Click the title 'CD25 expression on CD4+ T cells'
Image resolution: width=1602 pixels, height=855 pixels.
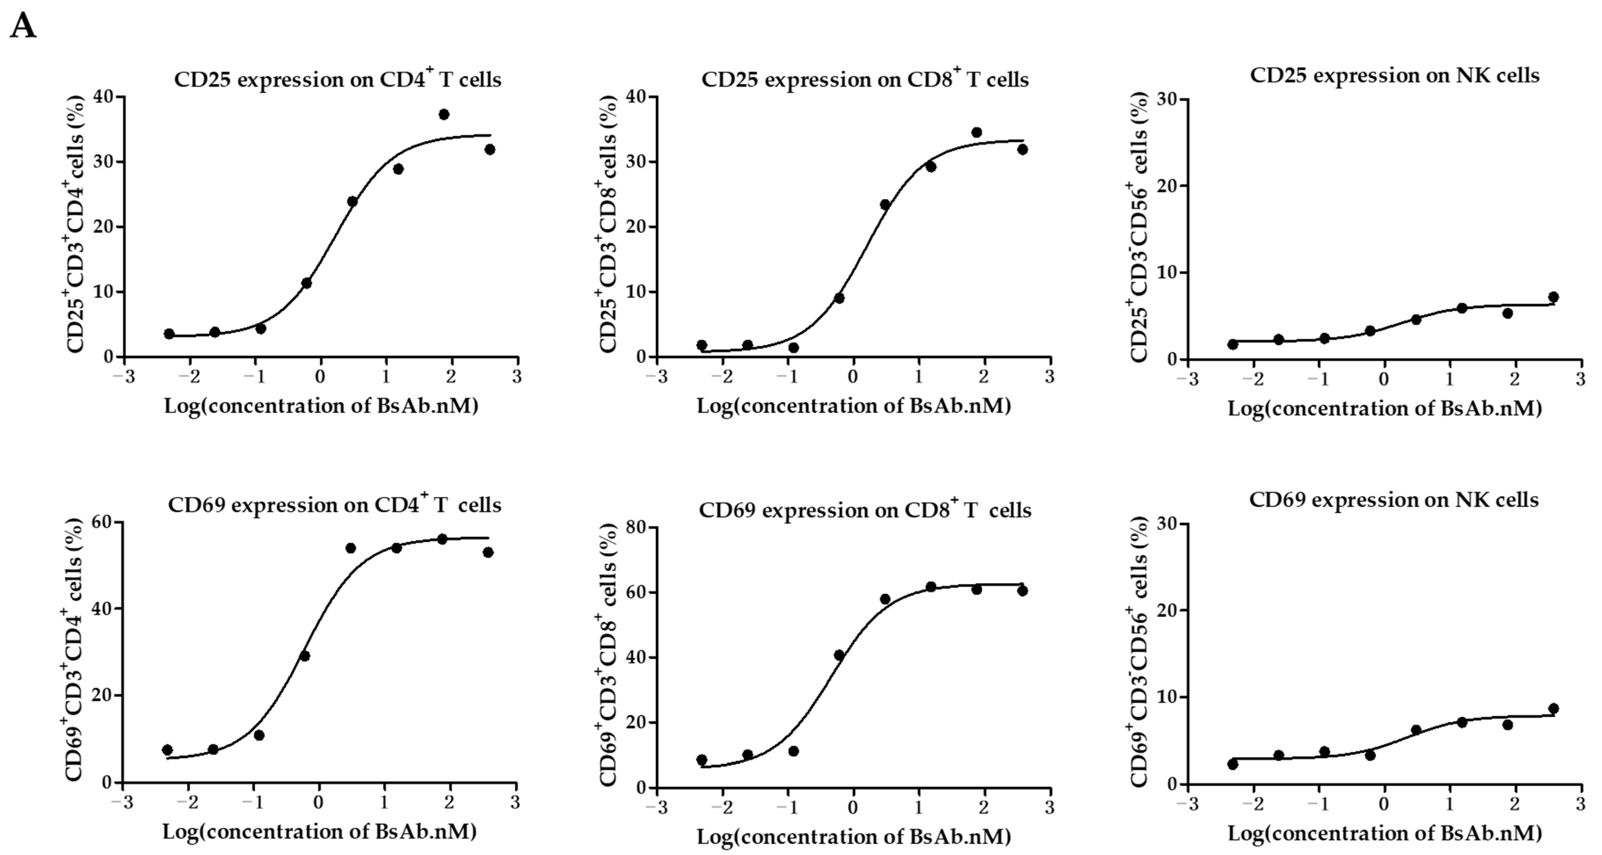[x=337, y=80]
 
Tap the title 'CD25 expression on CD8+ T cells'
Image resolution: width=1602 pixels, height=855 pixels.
[x=865, y=80]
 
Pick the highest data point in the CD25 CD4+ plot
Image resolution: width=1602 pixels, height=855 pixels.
[x=444, y=115]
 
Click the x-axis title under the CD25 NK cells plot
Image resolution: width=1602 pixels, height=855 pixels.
[x=1384, y=408]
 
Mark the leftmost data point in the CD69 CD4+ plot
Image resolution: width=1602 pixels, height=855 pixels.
[x=167, y=750]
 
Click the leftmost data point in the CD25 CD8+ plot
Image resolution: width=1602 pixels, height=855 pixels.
[x=702, y=345]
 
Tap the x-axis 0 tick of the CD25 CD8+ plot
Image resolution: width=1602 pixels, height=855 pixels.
[x=853, y=377]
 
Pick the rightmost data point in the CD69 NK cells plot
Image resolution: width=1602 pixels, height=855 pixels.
[x=1553, y=708]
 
